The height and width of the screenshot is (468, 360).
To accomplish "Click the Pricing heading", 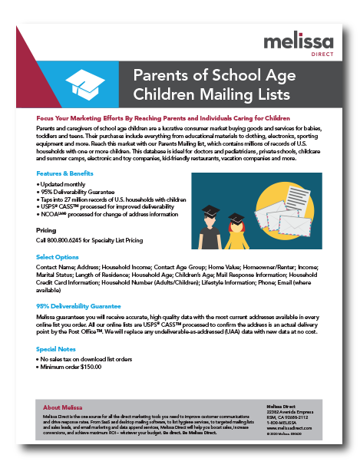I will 47,229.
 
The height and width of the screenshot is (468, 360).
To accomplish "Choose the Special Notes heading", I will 56,349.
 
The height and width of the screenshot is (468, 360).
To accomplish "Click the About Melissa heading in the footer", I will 63,407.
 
